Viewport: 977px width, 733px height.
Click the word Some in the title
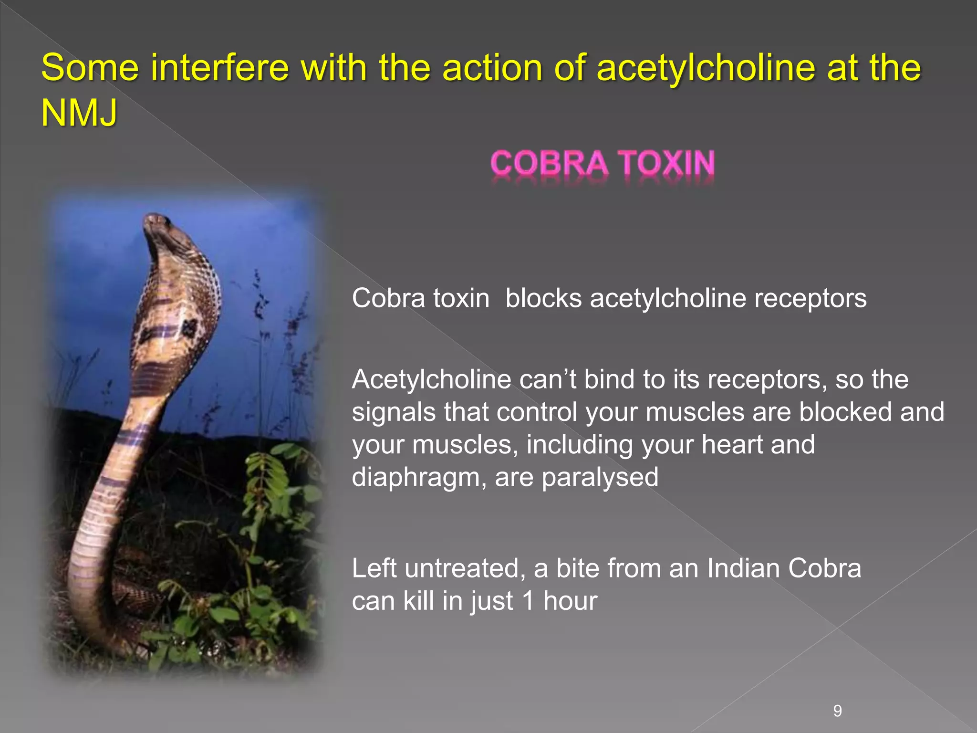point(90,67)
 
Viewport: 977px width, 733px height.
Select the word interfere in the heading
point(220,67)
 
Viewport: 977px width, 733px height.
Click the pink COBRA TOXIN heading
point(603,163)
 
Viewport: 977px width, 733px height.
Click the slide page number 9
point(837,711)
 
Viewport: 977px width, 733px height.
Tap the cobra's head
point(157,224)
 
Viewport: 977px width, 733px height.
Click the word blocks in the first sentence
point(543,298)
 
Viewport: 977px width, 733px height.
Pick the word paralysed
point(600,477)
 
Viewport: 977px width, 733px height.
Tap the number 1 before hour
point(528,601)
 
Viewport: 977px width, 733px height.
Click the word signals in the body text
point(394,412)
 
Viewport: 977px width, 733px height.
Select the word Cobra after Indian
point(824,568)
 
